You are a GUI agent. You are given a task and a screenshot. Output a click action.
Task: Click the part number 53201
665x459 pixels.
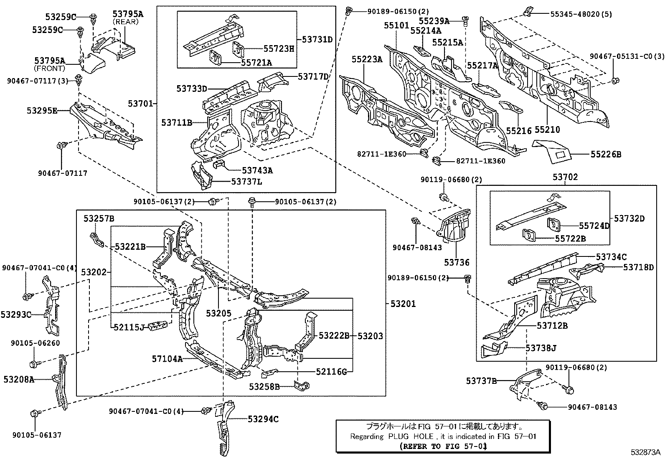click(403, 304)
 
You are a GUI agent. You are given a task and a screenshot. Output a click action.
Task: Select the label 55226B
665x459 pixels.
click(606, 155)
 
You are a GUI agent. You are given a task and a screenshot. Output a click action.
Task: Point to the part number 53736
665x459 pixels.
click(457, 262)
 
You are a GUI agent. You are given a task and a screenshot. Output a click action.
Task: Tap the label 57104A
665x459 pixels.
click(167, 358)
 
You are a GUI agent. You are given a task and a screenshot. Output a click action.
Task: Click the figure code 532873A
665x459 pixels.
click(646, 452)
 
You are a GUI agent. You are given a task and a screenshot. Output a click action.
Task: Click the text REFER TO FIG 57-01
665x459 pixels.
click(443, 446)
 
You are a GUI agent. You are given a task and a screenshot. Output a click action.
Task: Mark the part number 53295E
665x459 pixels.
click(42, 111)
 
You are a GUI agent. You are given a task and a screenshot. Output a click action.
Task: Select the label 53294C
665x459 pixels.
click(263, 419)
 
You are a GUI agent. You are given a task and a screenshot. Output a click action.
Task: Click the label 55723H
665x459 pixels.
click(279, 48)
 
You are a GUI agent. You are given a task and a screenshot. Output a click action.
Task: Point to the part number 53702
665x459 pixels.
click(565, 177)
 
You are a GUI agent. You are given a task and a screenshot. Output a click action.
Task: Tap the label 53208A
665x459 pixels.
click(19, 379)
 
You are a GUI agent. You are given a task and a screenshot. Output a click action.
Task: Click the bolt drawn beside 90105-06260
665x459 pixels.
click(35, 362)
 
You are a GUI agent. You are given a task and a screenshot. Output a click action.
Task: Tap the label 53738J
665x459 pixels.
click(541, 347)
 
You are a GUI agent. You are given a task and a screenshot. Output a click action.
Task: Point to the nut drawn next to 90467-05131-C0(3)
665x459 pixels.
click(615, 80)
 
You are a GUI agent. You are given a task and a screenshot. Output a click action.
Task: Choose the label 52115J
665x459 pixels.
click(129, 327)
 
